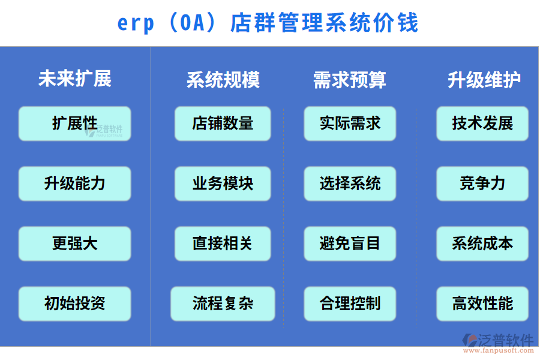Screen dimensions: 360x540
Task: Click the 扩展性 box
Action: pyautogui.click(x=74, y=124)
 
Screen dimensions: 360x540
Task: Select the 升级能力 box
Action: pyautogui.click(x=74, y=184)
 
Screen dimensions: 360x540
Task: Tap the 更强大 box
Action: pyautogui.click(x=74, y=244)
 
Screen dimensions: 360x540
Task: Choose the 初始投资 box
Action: pyautogui.click(x=74, y=304)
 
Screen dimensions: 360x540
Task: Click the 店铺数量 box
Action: pyautogui.click(x=223, y=124)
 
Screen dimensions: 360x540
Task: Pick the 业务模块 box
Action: pyautogui.click(x=223, y=184)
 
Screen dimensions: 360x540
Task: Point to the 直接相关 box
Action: pyautogui.click(x=223, y=244)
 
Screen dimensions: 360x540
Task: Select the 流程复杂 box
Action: pyautogui.click(x=223, y=304)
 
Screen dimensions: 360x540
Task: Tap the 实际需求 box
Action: pyautogui.click(x=350, y=124)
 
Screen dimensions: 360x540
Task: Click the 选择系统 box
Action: pyautogui.click(x=350, y=184)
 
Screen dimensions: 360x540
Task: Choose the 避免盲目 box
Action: pyautogui.click(x=350, y=244)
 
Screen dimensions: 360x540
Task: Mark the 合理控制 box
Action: pyautogui.click(x=350, y=304)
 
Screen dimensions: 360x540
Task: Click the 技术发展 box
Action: pyautogui.click(x=482, y=124)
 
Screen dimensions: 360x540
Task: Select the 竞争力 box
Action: pyautogui.click(x=482, y=184)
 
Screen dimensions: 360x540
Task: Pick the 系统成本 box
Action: pyautogui.click(x=482, y=244)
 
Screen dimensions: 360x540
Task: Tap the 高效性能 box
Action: pyautogui.click(x=482, y=304)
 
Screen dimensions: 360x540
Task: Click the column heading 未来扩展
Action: pyautogui.click(x=75, y=79)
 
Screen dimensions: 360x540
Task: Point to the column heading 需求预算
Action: pyautogui.click(x=350, y=80)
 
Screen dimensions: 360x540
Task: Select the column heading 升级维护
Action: pyautogui.click(x=484, y=80)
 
